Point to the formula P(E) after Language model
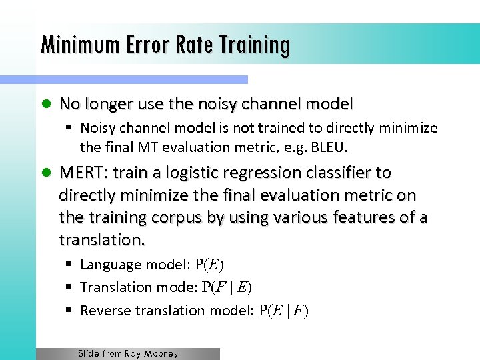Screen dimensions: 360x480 (x=209, y=265)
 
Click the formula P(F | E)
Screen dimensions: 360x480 (x=223, y=287)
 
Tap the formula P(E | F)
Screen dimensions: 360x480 (x=284, y=311)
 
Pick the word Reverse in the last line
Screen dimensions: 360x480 (x=105, y=311)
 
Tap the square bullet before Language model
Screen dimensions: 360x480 (x=69, y=265)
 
